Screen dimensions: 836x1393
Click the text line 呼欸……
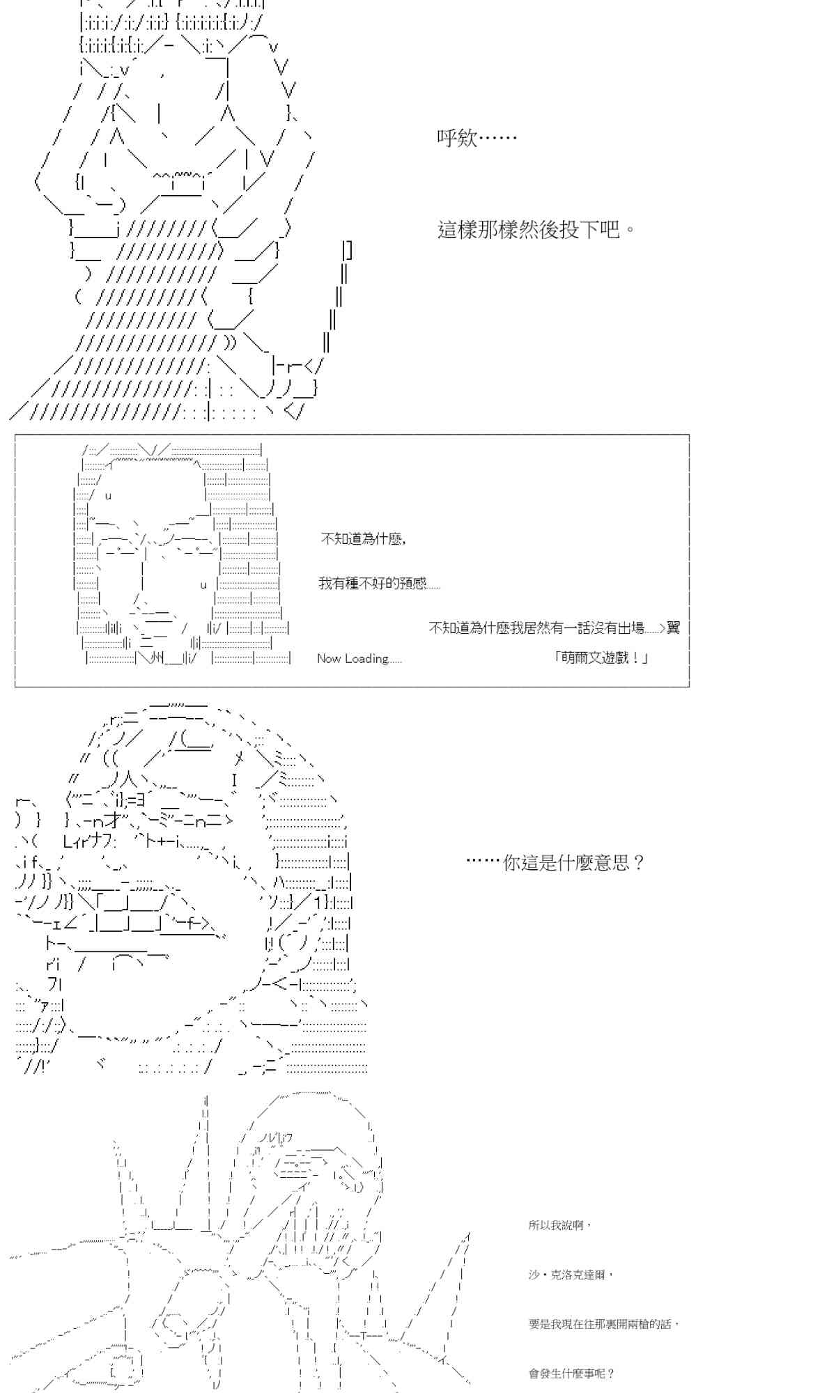[x=477, y=138]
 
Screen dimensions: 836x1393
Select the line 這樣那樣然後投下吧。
[x=536, y=229]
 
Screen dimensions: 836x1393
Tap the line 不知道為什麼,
[x=363, y=538]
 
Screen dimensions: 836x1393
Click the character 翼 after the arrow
[x=673, y=628]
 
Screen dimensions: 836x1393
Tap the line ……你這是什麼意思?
[x=555, y=863]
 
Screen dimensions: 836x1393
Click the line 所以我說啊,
[x=559, y=1225]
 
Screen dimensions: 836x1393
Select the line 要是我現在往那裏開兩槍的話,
[x=603, y=1324]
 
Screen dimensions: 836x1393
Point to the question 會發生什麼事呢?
[x=572, y=1373]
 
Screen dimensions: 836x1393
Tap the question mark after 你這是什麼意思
[x=640, y=863]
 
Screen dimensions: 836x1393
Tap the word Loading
[x=366, y=658]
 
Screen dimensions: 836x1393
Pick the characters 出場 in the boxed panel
[x=630, y=628]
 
